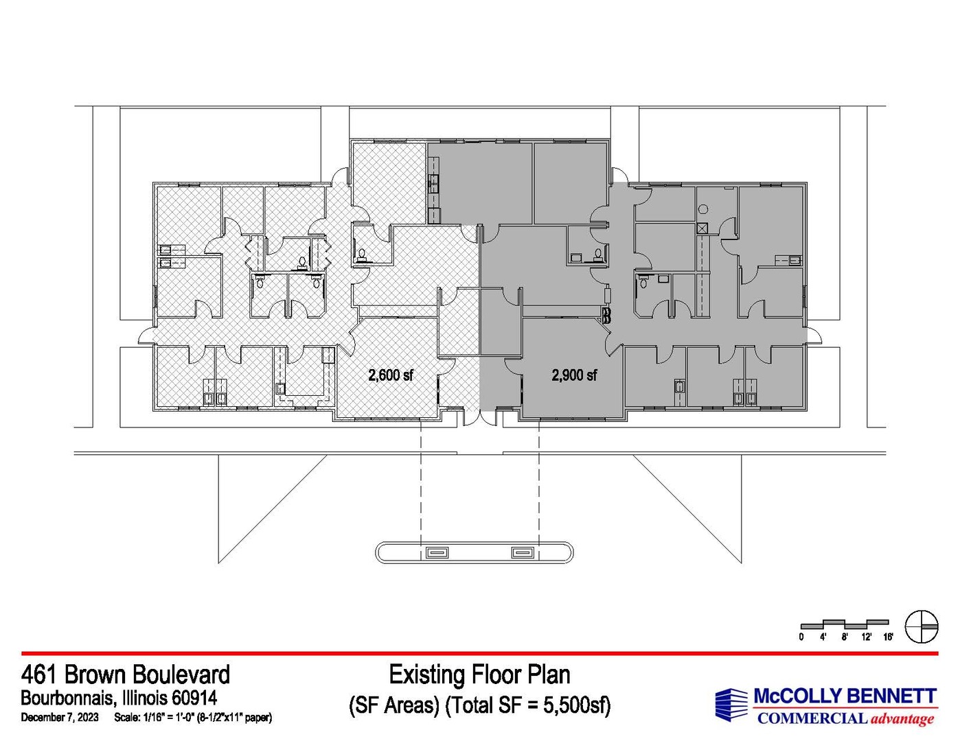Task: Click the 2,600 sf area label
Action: [391, 375]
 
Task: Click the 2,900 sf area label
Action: [574, 375]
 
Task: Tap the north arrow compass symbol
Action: [922, 626]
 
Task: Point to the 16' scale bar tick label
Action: [888, 637]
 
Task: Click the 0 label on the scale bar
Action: [801, 637]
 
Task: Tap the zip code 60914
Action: [194, 698]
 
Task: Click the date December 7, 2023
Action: [60, 718]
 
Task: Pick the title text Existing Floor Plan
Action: [479, 674]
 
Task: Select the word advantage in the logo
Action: [902, 718]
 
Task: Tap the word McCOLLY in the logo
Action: [796, 696]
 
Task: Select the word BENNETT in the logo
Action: [889, 696]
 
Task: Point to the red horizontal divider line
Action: [480, 653]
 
